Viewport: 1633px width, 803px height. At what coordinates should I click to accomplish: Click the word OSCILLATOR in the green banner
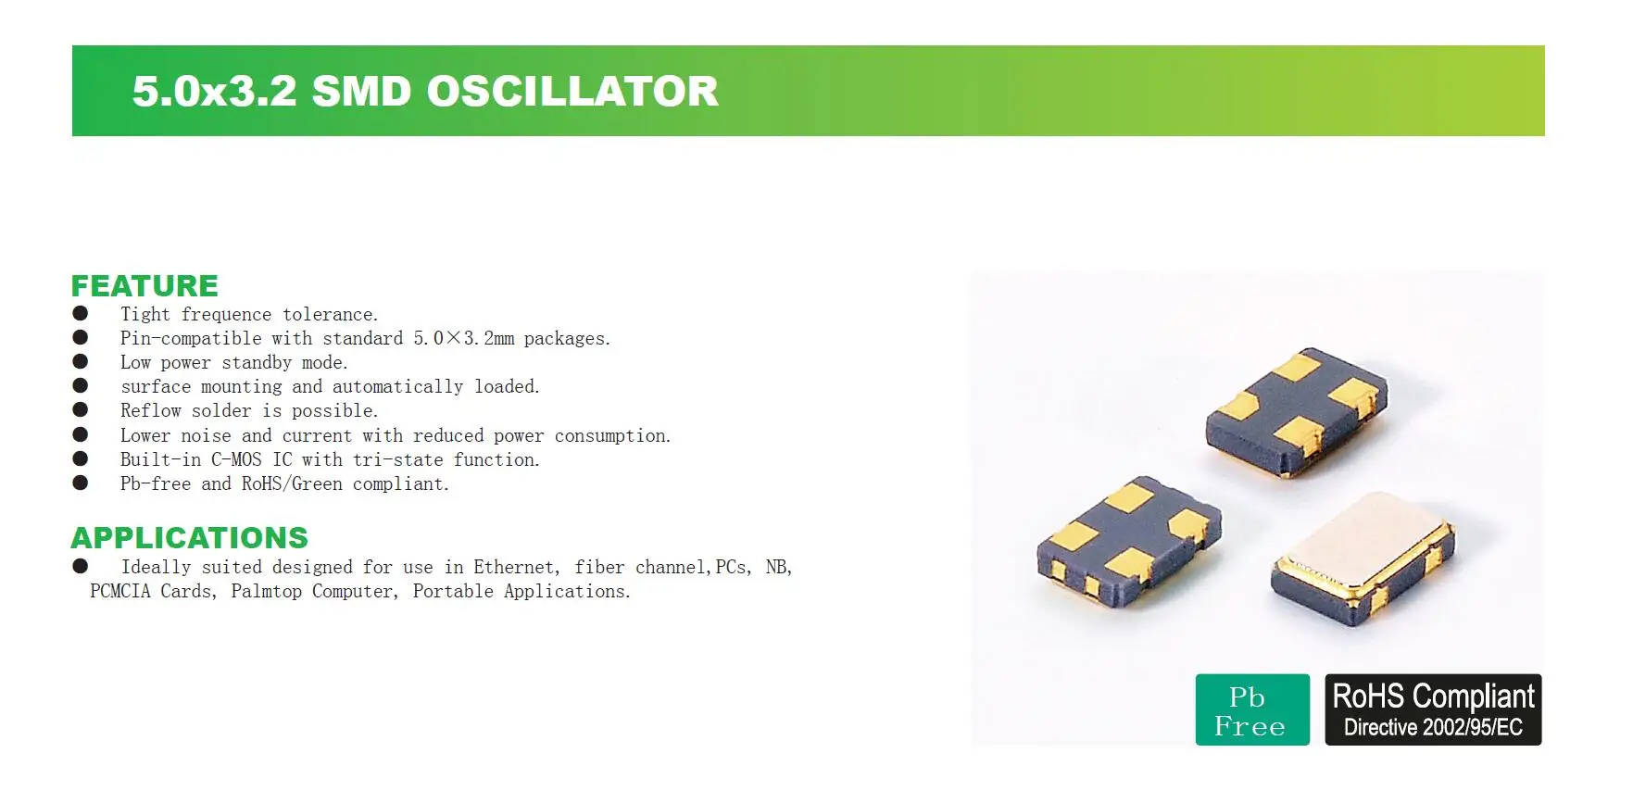coord(572,92)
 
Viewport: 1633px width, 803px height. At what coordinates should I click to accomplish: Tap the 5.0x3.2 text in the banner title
coord(215,92)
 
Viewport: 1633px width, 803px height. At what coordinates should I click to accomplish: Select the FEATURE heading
coord(144,286)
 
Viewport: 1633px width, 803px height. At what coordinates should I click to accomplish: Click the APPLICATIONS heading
coord(190,538)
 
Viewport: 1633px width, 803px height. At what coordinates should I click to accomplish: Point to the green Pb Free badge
coord(1252,709)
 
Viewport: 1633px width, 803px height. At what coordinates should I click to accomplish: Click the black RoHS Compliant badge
coord(1433,709)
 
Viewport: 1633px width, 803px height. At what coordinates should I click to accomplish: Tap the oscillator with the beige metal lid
coord(1363,558)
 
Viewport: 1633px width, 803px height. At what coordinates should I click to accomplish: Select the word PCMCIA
coord(120,591)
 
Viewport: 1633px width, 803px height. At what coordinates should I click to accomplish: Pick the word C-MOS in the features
coord(236,459)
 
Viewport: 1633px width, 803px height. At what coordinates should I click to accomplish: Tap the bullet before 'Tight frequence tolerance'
coord(81,314)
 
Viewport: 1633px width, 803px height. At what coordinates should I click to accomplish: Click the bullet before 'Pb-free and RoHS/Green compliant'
coord(81,483)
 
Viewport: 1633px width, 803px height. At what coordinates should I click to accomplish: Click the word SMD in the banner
coord(361,92)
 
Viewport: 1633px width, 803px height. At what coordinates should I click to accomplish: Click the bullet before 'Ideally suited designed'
coord(81,566)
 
